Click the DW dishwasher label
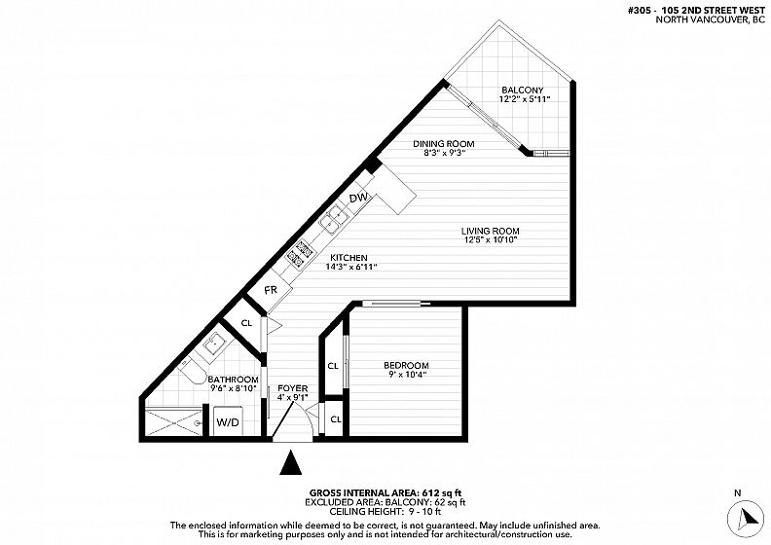pyautogui.click(x=358, y=198)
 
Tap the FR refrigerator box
pyautogui.click(x=271, y=290)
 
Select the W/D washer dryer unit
pyautogui.click(x=228, y=421)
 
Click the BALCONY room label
pyautogui.click(x=522, y=91)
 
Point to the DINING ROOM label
pyautogui.click(x=444, y=144)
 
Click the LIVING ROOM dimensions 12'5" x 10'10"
pyautogui.click(x=491, y=239)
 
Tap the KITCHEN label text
pyautogui.click(x=349, y=258)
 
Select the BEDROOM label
pyautogui.click(x=406, y=366)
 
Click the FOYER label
pyautogui.click(x=293, y=388)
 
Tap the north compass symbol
pyautogui.click(x=747, y=517)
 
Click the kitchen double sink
pyautogui.click(x=334, y=219)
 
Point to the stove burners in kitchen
pyautogui.click(x=300, y=251)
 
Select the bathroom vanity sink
pyautogui.click(x=214, y=344)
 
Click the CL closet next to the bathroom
pyautogui.click(x=246, y=323)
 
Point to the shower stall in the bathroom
pyautogui.click(x=174, y=422)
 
